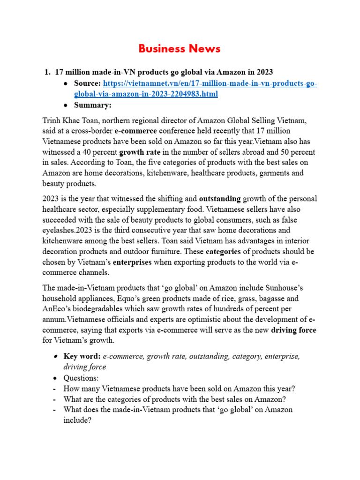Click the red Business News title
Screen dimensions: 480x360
(x=180, y=49)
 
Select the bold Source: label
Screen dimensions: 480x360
(x=87, y=83)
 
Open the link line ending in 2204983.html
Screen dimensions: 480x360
(x=146, y=94)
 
